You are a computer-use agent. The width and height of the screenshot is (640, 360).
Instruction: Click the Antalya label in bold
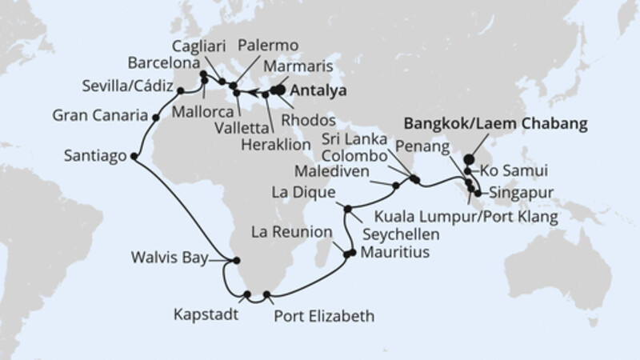click(x=318, y=91)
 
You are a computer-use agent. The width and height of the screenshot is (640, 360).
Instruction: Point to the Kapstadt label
click(x=206, y=314)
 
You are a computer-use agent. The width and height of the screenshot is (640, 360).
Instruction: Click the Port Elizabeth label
click(x=323, y=316)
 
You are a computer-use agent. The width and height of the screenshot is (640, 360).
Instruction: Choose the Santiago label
click(x=94, y=157)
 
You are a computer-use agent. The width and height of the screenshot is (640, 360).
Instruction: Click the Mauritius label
click(x=394, y=252)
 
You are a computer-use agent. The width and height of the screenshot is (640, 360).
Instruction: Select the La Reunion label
click(x=291, y=233)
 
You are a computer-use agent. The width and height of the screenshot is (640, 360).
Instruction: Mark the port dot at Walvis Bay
click(x=236, y=259)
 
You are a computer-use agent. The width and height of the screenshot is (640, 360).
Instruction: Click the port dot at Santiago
click(x=133, y=156)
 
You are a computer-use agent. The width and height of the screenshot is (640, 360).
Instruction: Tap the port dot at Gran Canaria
click(x=155, y=118)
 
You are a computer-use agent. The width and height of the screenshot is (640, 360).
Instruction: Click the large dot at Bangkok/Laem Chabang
click(x=469, y=158)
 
